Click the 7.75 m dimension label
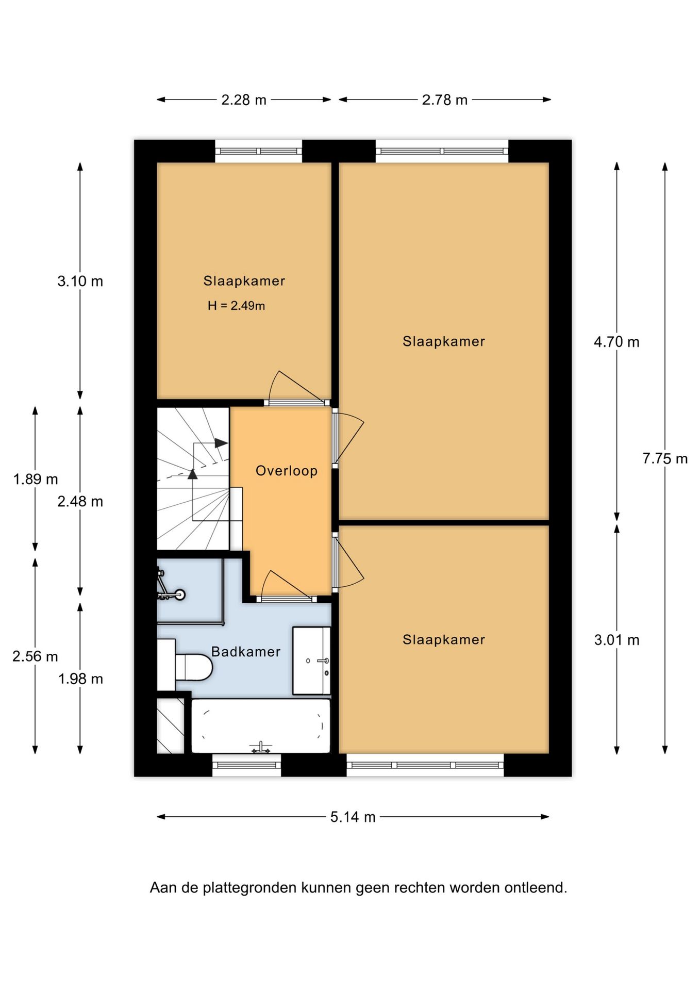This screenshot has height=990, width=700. click(x=664, y=458)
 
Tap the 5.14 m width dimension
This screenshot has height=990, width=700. click(x=353, y=817)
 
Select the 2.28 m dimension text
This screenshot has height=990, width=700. click(x=244, y=100)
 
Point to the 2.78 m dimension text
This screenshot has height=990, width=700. click(x=444, y=100)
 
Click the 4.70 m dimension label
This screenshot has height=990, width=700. click(x=616, y=342)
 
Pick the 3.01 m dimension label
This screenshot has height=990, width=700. click(x=616, y=640)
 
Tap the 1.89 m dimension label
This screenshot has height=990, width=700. click(x=36, y=479)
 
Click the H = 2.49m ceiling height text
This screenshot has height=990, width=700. click(x=236, y=306)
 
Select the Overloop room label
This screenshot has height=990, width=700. click(x=287, y=471)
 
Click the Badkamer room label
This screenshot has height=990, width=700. click(x=246, y=652)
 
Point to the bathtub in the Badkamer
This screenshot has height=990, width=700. click(x=261, y=726)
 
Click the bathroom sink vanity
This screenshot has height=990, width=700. click(x=311, y=661)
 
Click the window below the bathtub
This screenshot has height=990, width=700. click(x=247, y=765)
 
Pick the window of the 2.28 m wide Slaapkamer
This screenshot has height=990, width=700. click(x=258, y=151)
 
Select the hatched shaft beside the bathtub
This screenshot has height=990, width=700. click(x=171, y=725)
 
